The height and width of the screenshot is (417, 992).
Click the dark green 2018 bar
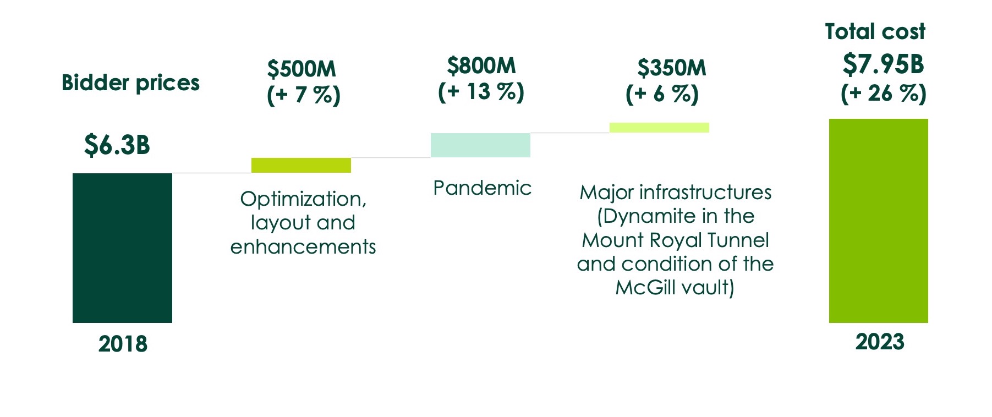click(122, 248)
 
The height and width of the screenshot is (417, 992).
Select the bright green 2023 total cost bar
click(878, 221)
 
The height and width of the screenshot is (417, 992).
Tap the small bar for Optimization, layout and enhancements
click(301, 165)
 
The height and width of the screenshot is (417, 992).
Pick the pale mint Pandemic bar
click(480, 145)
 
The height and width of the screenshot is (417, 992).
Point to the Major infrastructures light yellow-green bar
click(659, 128)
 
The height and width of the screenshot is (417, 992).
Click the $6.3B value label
click(117, 145)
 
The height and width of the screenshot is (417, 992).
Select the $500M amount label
click(302, 69)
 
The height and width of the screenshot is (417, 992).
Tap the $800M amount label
click(481, 66)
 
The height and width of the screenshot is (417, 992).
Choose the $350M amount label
click(671, 68)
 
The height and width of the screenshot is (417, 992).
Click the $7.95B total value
click(883, 65)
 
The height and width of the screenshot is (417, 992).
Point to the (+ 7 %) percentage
click(304, 95)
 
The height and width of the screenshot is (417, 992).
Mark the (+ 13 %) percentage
click(481, 92)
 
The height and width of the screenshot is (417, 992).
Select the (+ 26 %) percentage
click(884, 94)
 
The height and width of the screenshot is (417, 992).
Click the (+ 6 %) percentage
click(662, 94)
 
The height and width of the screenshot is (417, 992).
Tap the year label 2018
click(123, 344)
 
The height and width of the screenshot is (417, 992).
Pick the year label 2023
click(879, 342)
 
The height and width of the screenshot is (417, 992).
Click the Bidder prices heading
click(130, 83)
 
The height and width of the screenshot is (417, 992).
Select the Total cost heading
click(875, 32)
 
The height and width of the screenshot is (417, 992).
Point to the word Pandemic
click(482, 188)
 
